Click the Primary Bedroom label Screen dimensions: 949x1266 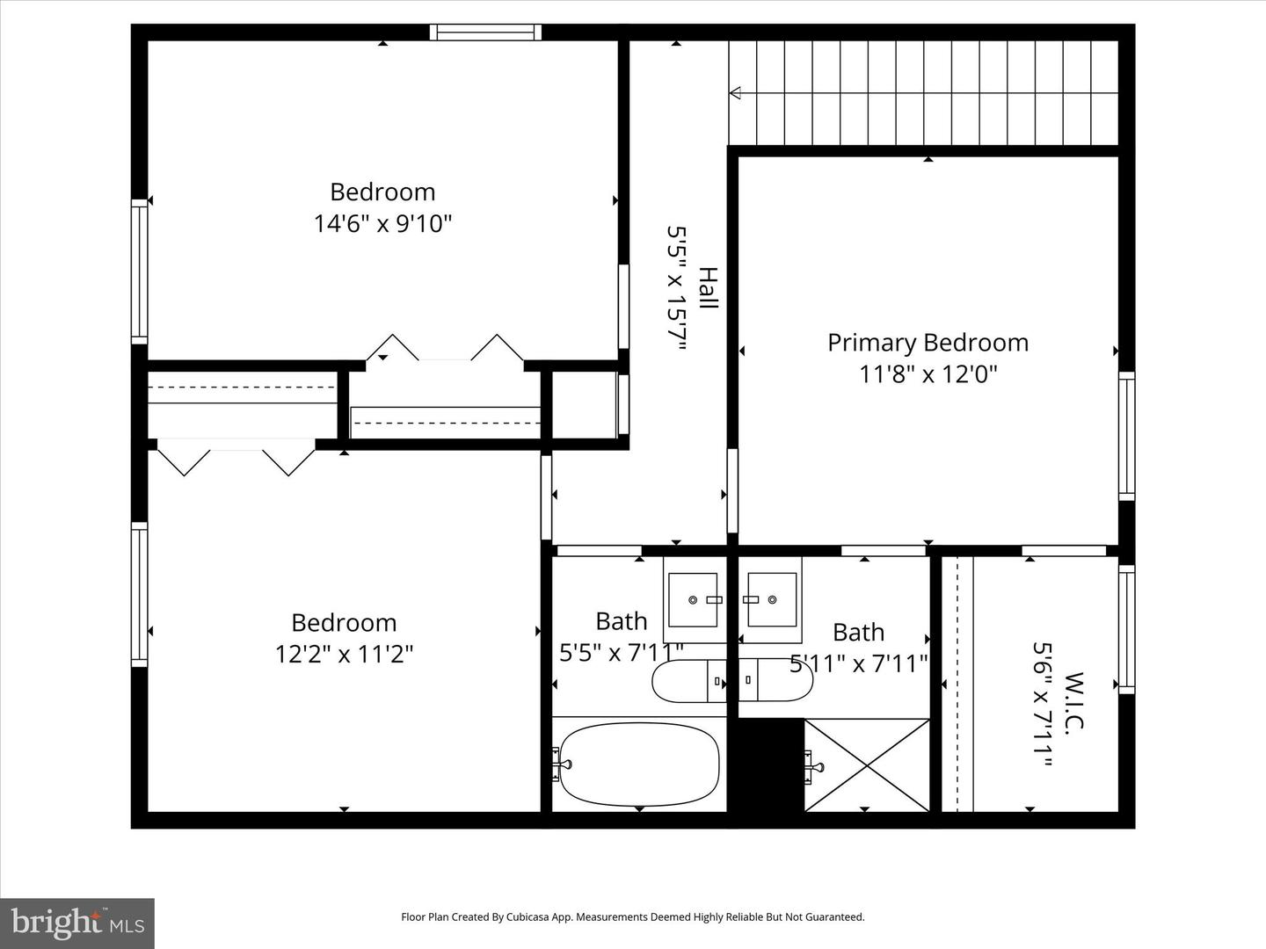pos(928,343)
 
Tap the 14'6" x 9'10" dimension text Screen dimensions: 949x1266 pos(382,224)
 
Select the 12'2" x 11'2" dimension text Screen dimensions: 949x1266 pos(344,655)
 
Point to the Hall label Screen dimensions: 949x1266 pos(708,288)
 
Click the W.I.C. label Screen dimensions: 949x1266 pos(1073,701)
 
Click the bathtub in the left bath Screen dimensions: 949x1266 pos(639,764)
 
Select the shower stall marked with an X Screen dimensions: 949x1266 pos(867,765)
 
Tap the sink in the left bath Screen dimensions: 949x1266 pos(694,599)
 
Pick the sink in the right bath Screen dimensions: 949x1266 pos(771,599)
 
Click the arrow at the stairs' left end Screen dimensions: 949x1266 pos(735,92)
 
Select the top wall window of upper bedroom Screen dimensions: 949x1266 pos(485,33)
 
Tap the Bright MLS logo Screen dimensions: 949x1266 pos(77,923)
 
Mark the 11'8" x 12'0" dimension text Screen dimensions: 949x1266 pos(928,375)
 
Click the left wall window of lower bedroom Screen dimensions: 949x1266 pos(139,594)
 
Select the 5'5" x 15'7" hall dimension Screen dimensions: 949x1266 pos(675,288)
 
